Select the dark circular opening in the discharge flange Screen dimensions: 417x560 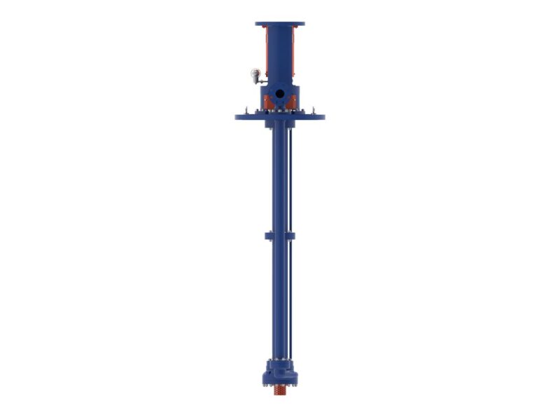[279, 93]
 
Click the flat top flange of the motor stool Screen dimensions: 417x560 [280, 25]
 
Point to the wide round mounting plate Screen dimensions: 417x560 [280, 116]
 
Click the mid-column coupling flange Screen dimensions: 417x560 [280, 235]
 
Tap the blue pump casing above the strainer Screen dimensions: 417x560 [279, 371]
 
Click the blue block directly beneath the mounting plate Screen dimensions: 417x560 [279, 124]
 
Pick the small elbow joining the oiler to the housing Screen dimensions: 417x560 [260, 81]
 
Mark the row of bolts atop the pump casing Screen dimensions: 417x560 [280, 360]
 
